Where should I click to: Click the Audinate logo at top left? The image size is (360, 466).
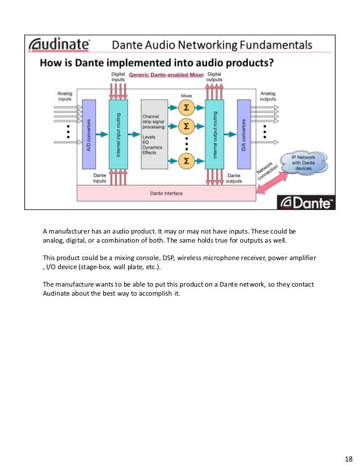pos(59,45)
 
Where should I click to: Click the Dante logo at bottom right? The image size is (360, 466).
pos(306,202)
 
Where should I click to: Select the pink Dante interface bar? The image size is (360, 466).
pos(166,194)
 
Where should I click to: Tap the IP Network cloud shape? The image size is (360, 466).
pos(305,164)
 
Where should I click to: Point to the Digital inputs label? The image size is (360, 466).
pos(117,77)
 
